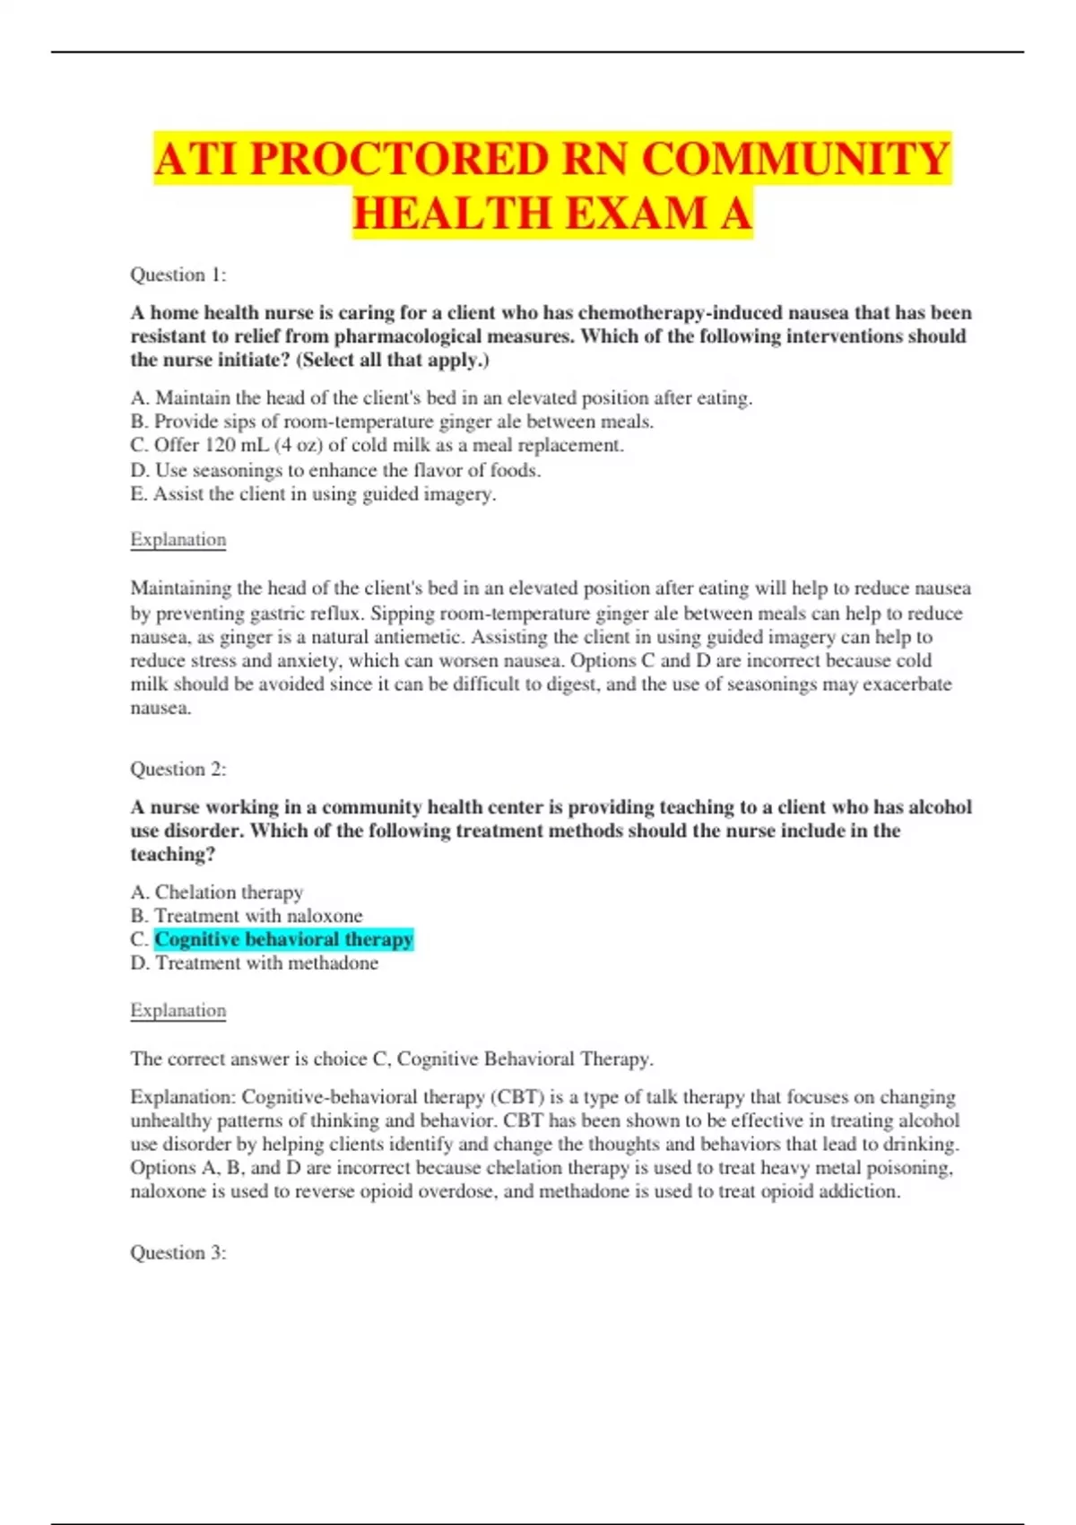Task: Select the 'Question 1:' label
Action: pos(178,274)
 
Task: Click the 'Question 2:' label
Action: pos(178,769)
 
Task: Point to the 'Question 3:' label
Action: pos(178,1252)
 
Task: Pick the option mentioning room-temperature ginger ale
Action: pos(392,422)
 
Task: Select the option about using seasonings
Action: pos(335,470)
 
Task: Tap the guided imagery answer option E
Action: pos(313,493)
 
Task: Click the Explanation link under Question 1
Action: pos(178,539)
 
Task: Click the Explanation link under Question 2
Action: pos(178,1010)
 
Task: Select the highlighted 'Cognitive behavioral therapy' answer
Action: pos(283,939)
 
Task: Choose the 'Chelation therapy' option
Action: pos(217,892)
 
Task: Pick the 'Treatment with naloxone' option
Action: pos(247,916)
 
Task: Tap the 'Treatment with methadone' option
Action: pos(255,963)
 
